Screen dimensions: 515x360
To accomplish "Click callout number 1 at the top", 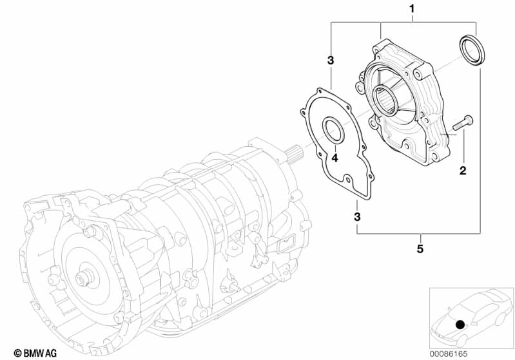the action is pos(412,9).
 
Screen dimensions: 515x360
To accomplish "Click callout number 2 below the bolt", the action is pos(463,171).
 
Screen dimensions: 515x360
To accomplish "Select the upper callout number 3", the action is pos(331,61).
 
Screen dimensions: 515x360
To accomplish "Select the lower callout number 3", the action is pos(357,217).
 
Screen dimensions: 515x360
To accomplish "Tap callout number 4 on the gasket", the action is pos(335,158).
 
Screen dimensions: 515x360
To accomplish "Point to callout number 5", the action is pos(420,249).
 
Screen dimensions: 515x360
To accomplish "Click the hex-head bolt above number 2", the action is pos(463,123).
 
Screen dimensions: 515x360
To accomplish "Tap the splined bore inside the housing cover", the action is pos(387,100).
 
